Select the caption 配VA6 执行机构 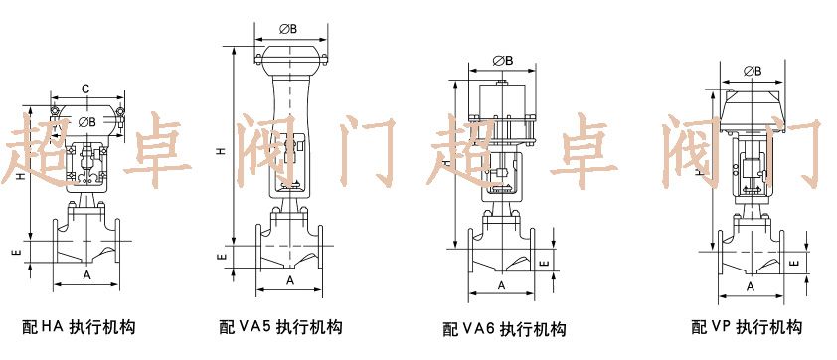point(504,329)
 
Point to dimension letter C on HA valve point(85,90)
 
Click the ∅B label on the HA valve point(86,121)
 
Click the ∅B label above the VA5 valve point(289,28)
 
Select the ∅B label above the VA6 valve point(503,61)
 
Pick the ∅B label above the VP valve point(753,71)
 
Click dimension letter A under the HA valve point(86,273)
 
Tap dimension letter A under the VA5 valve point(290,280)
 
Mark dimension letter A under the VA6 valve point(502,285)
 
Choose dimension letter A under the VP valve point(751,285)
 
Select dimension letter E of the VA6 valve point(542,264)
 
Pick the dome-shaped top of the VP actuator point(753,103)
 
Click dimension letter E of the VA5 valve point(223,257)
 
